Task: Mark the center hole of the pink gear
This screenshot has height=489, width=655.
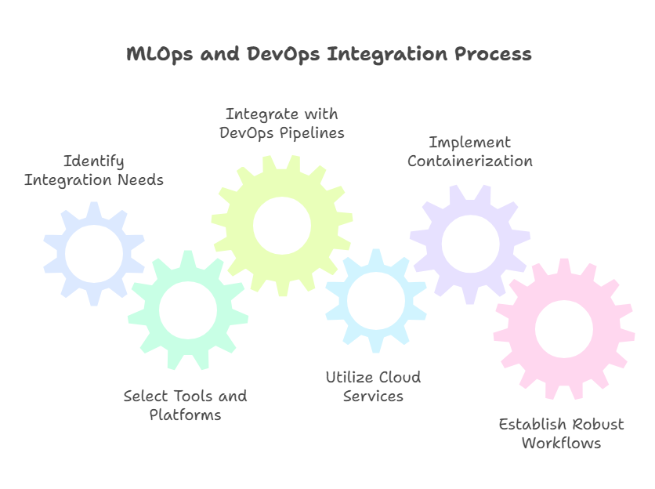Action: [563, 328]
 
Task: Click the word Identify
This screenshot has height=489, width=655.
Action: [94, 162]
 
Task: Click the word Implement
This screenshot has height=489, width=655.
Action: [469, 143]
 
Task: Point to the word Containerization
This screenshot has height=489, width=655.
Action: [470, 161]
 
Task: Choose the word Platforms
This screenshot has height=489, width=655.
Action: [186, 415]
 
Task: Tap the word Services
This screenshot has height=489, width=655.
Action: [373, 397]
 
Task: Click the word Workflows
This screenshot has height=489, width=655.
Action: [561, 443]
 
